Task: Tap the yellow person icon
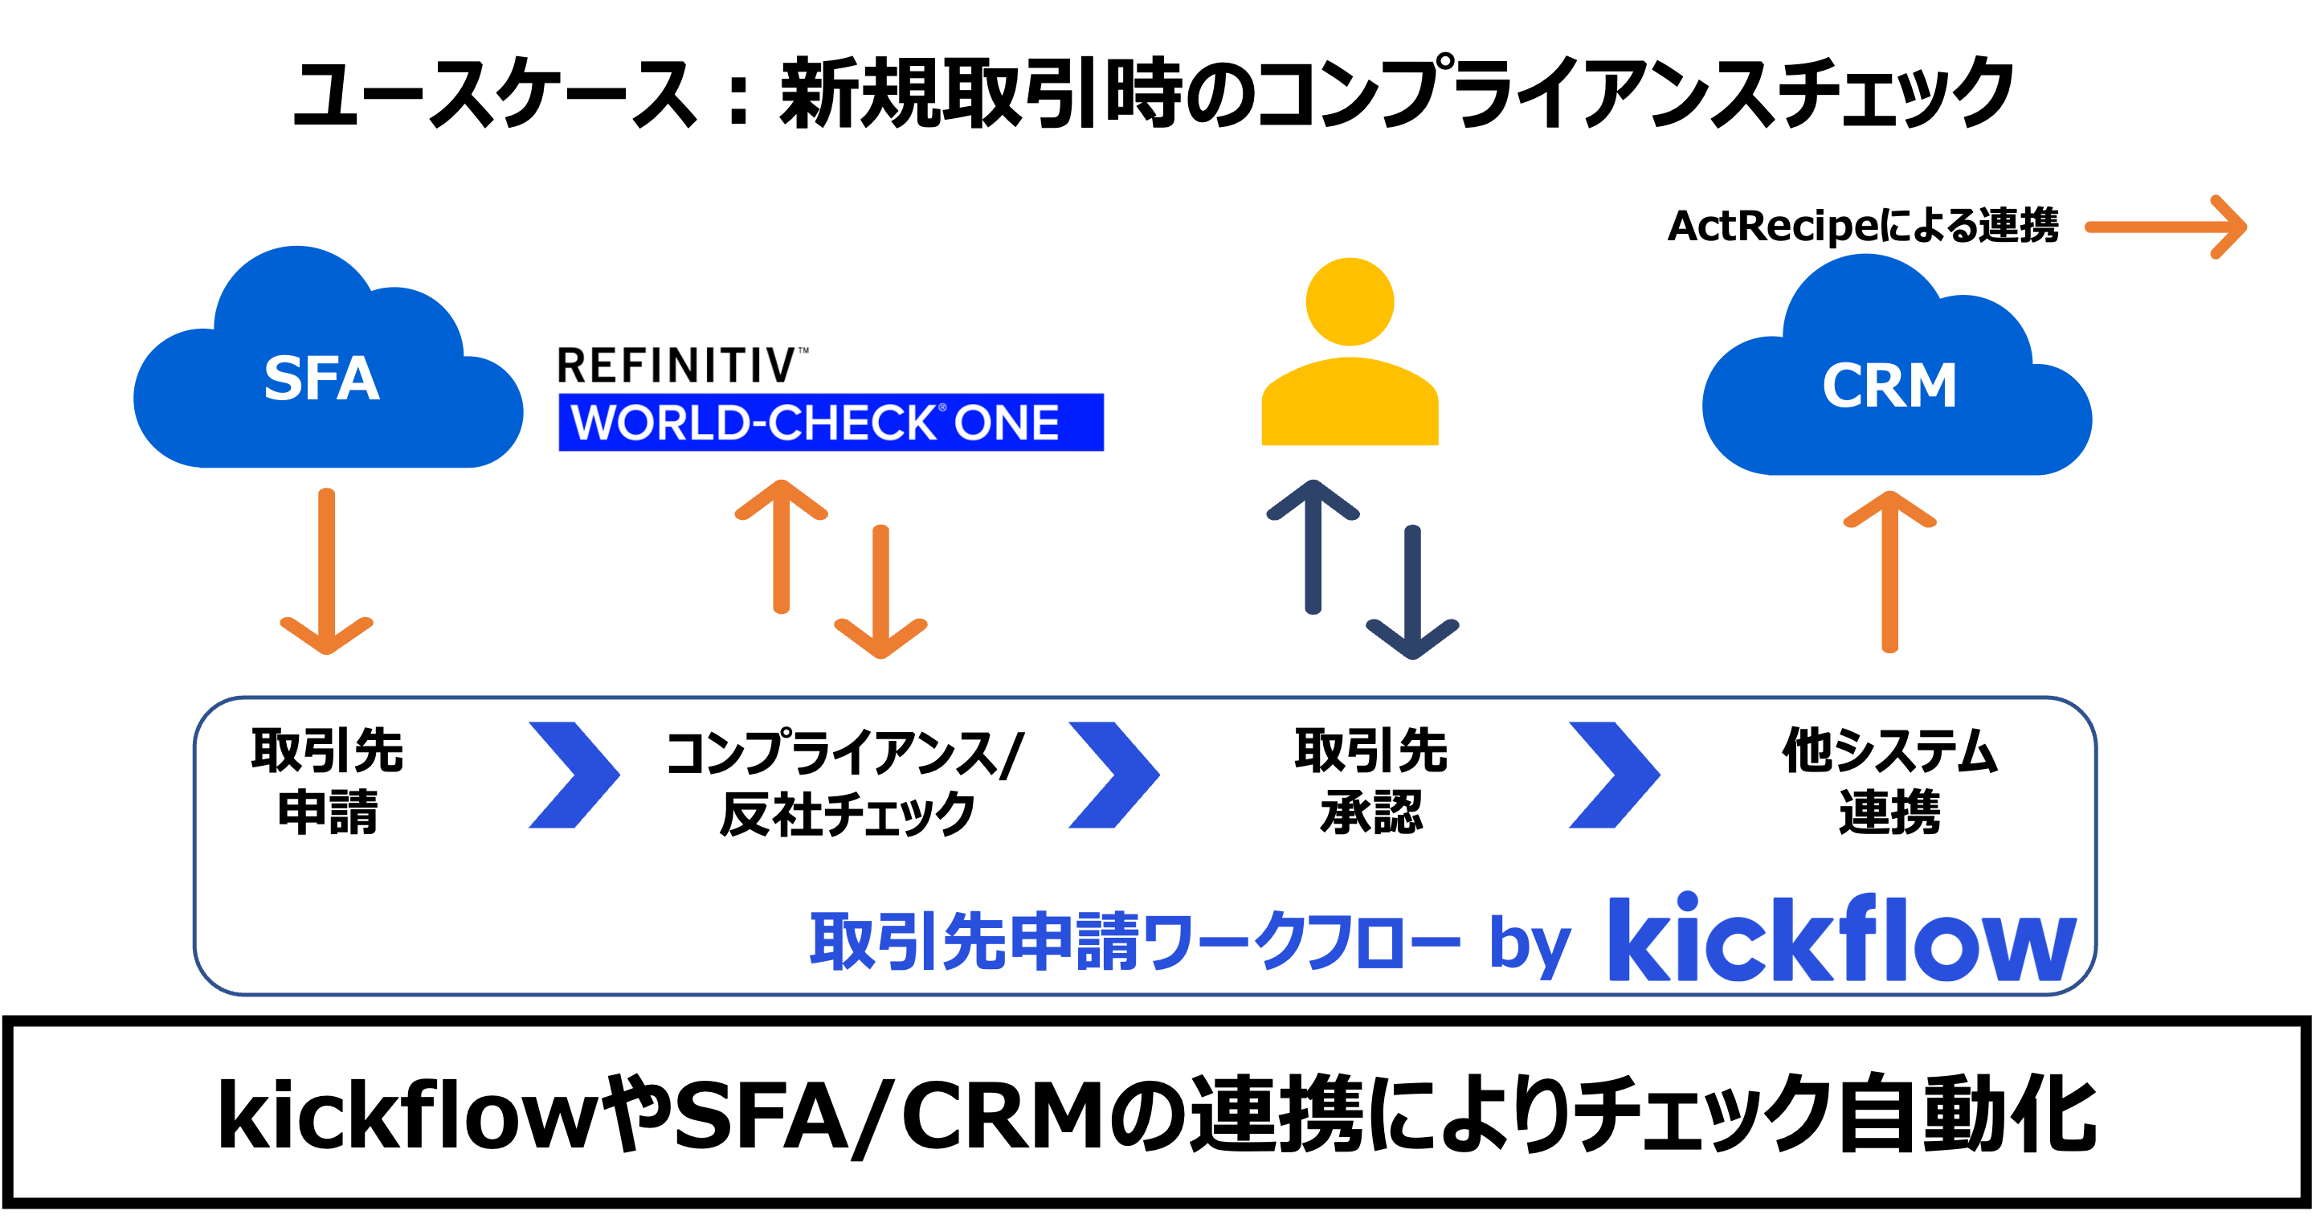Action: pos(1350,354)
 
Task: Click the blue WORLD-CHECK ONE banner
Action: pos(830,422)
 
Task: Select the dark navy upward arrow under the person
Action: pos(1313,547)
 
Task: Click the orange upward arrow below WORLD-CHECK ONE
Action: pos(781,547)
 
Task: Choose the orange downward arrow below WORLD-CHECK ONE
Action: pos(880,592)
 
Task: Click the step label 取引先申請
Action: pos(327,781)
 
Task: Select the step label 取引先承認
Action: pos(1370,781)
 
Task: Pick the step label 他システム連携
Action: pos(1889,781)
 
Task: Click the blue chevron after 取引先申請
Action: pos(574,775)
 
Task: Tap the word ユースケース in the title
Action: pos(493,94)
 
